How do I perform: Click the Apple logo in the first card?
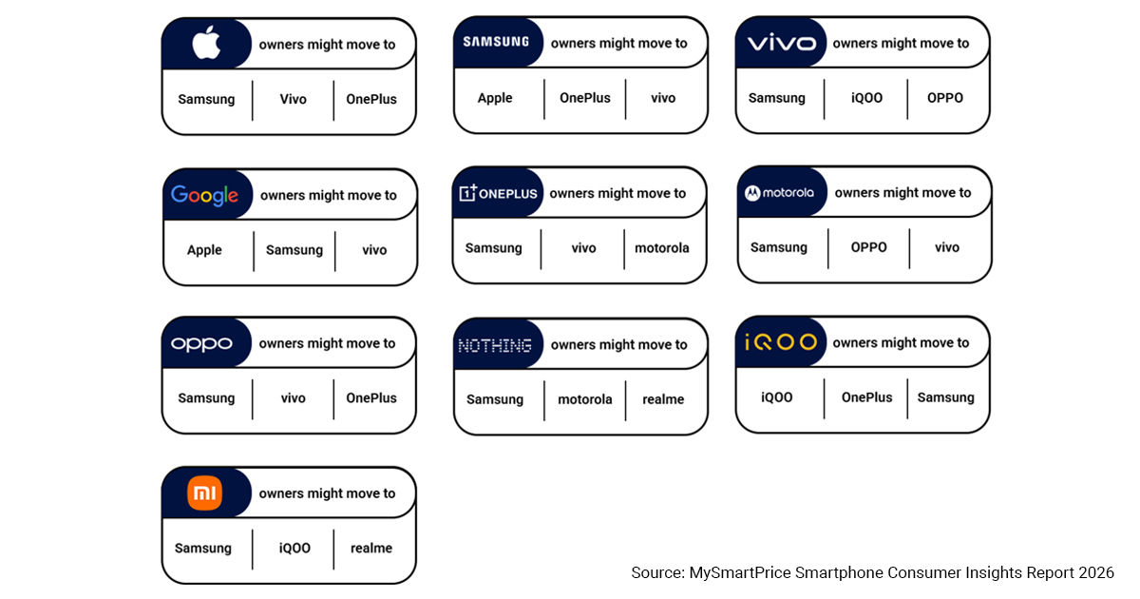pyautogui.click(x=206, y=43)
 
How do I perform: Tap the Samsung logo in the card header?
pyautogui.click(x=496, y=42)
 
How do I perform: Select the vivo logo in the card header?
pyautogui.click(x=781, y=43)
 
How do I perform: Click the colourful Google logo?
pyautogui.click(x=204, y=196)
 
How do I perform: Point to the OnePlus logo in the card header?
pyautogui.click(x=498, y=193)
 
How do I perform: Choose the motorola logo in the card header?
pyautogui.click(x=779, y=192)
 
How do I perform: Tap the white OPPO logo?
pyautogui.click(x=201, y=344)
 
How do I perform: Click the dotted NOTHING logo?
pyautogui.click(x=495, y=346)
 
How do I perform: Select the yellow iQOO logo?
pyautogui.click(x=781, y=342)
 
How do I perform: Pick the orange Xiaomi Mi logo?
pyautogui.click(x=204, y=493)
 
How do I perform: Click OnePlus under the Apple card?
pyautogui.click(x=371, y=99)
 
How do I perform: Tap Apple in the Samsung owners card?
pyautogui.click(x=495, y=98)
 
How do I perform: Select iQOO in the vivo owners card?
pyautogui.click(x=866, y=98)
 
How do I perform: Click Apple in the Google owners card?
pyautogui.click(x=204, y=250)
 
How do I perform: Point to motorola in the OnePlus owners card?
pyautogui.click(x=661, y=248)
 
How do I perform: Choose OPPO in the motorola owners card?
pyautogui.click(x=868, y=247)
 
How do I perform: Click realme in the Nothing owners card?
pyautogui.click(x=663, y=399)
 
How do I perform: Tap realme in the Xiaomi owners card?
pyautogui.click(x=371, y=548)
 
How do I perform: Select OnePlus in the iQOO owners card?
pyautogui.click(x=866, y=397)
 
